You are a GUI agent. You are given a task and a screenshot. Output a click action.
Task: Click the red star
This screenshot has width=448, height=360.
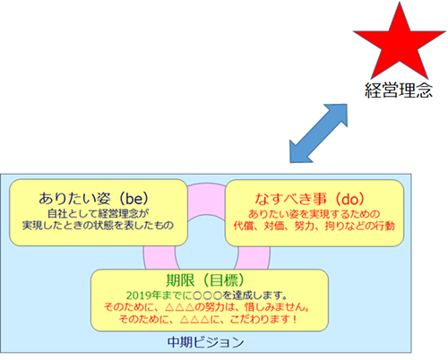point(400,45)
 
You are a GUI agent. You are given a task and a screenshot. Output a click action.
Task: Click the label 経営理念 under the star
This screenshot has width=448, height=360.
point(399,90)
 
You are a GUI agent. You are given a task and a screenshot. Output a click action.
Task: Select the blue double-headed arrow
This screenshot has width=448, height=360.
point(318,133)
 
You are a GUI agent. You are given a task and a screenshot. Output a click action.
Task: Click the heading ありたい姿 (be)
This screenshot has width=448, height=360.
point(93,198)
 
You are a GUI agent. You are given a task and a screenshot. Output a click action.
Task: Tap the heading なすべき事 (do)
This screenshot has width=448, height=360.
point(310,199)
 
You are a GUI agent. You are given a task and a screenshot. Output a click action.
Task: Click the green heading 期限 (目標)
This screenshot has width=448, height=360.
point(205,280)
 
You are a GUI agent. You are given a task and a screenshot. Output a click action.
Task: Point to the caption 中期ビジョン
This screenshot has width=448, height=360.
point(205,342)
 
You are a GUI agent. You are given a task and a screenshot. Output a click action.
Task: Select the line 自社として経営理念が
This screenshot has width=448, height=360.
point(99,213)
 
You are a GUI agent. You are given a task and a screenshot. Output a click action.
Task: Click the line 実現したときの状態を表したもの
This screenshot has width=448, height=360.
point(98,225)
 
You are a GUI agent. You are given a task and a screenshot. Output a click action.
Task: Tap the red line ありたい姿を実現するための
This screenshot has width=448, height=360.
point(314,214)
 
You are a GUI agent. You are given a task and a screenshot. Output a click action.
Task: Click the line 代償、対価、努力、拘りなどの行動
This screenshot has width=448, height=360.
point(314,226)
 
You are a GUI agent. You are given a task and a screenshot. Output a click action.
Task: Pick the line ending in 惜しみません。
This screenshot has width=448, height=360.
point(207,307)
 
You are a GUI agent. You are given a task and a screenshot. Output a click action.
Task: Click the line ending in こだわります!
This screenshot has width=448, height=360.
point(208,319)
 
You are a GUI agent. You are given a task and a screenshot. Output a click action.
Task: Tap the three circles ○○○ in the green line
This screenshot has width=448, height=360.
point(208,296)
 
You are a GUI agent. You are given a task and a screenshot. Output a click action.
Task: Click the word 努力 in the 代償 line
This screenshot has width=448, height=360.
point(304,226)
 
